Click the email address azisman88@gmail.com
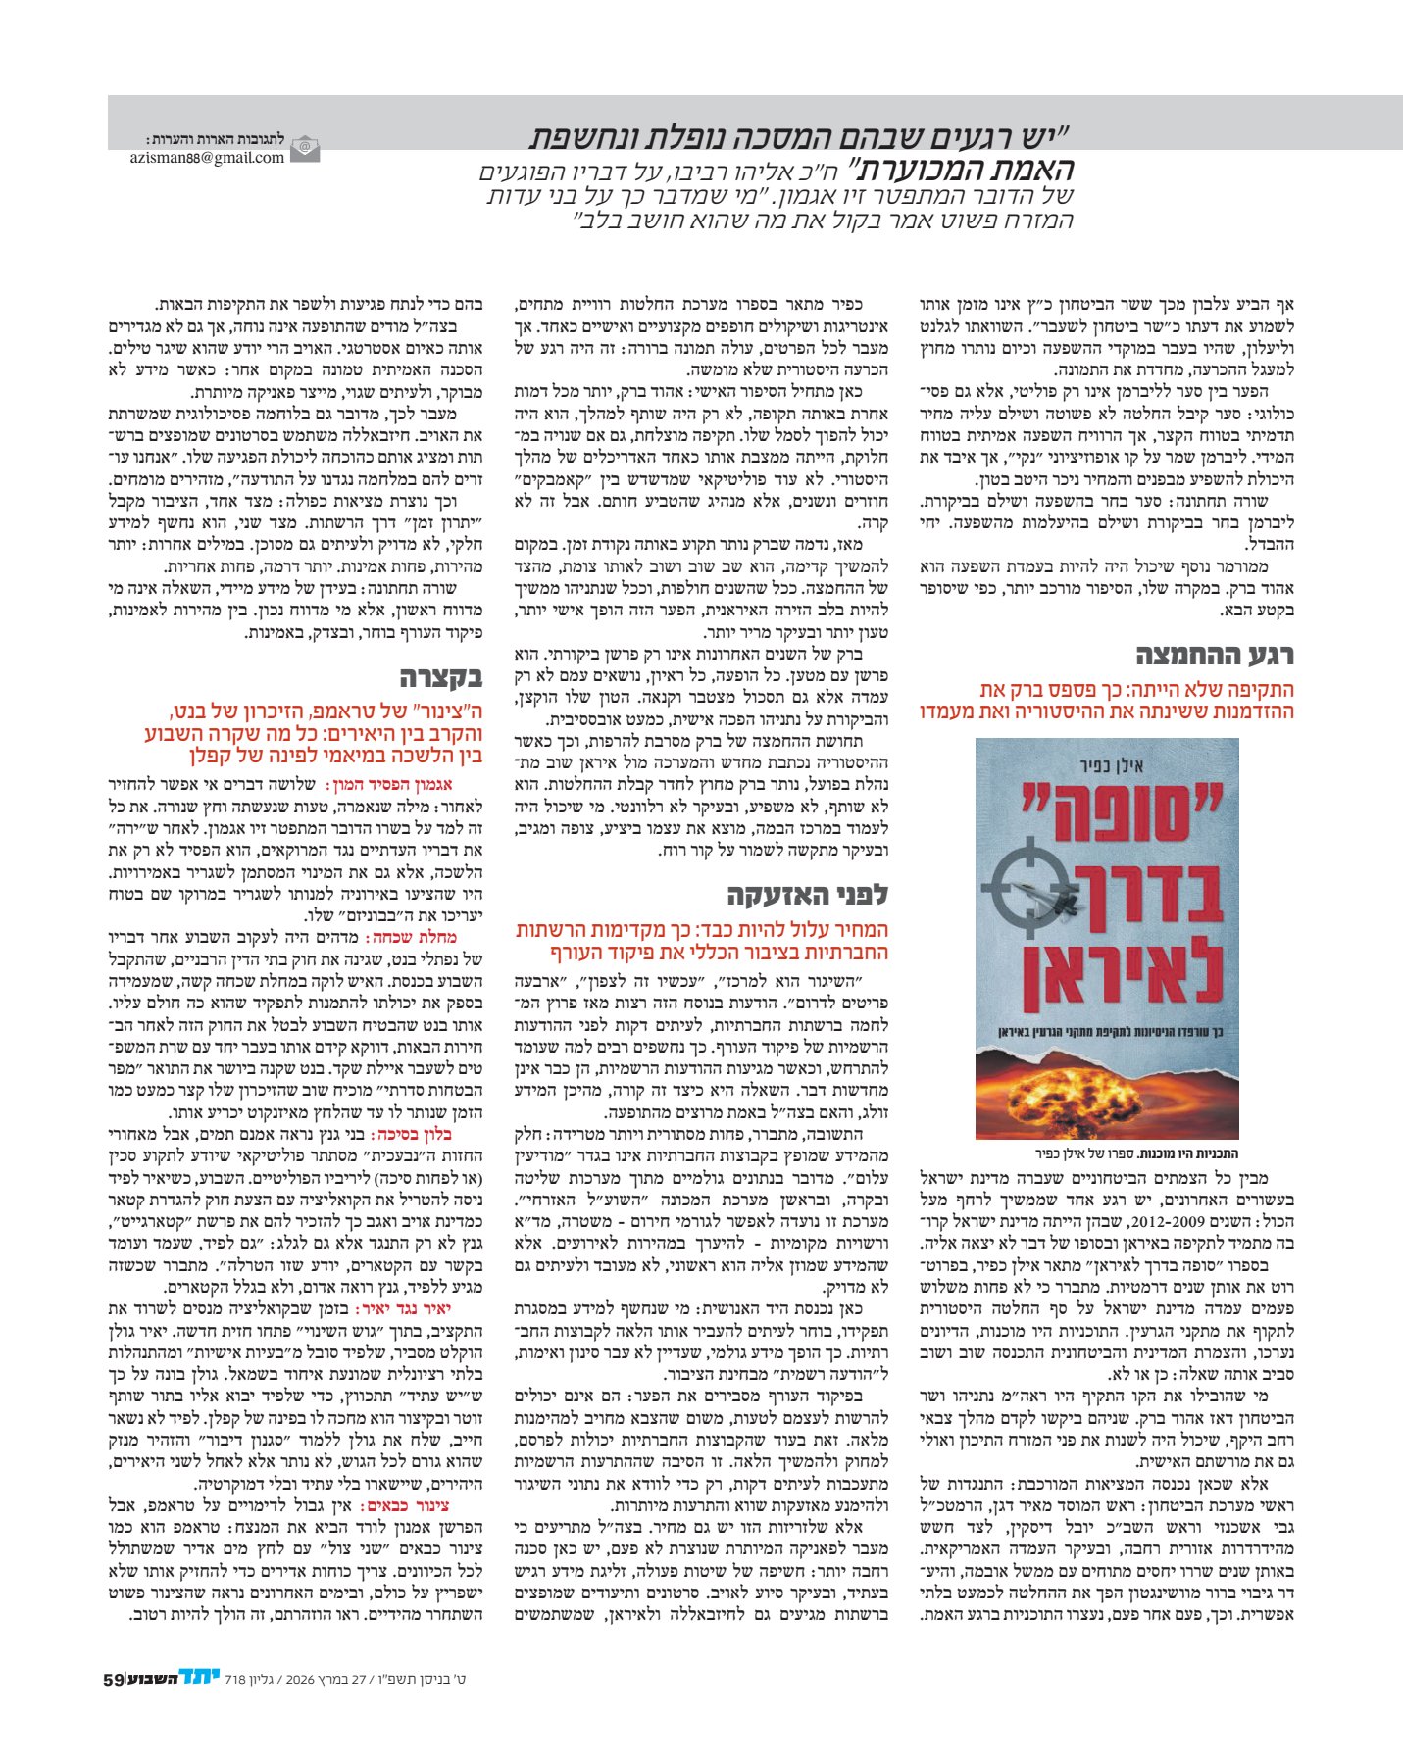(207, 157)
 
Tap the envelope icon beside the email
(305, 148)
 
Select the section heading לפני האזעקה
(807, 894)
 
